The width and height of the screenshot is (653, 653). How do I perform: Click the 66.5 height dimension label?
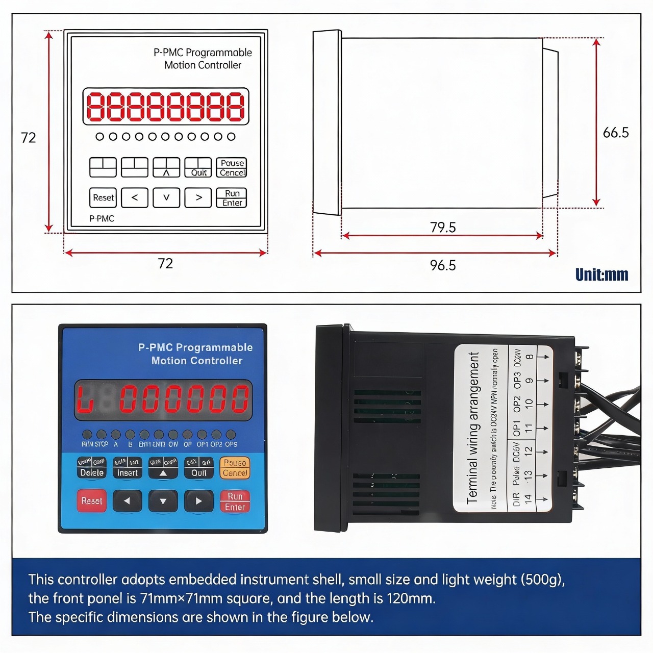point(615,133)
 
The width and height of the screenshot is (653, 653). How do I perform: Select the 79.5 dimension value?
point(442,227)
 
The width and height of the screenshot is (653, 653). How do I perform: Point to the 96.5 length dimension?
point(442,265)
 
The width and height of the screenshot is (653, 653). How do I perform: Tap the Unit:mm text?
point(601,275)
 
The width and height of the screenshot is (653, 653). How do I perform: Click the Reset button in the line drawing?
point(103,197)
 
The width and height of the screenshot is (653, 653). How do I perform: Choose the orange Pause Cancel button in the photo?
point(235,468)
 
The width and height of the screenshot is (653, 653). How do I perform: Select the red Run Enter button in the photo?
point(235,501)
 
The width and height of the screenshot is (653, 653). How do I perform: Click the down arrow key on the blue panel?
point(163,501)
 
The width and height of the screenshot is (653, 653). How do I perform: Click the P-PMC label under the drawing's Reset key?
point(102,218)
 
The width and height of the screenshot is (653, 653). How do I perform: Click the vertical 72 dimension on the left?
point(29,138)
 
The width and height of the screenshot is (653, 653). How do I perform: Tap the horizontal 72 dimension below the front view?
point(165,263)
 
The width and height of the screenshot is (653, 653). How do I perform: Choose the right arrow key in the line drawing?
point(198,197)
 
